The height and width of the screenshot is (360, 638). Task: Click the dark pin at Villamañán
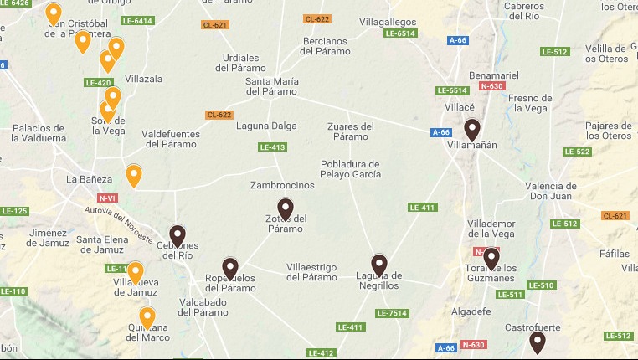pos(472,130)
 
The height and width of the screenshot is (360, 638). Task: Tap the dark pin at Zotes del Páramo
pos(286,208)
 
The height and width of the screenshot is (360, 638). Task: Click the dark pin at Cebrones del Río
pos(178,236)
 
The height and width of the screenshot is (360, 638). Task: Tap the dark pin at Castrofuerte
pos(538,342)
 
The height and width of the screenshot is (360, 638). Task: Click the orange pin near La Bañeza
pos(133,175)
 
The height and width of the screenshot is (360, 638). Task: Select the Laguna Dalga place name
pos(270,126)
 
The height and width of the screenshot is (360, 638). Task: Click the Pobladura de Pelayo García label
pos(351,169)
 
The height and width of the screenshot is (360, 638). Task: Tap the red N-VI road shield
pos(106,198)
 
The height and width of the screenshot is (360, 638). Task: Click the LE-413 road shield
pos(272,147)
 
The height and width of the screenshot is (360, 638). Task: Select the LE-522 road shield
pos(577,152)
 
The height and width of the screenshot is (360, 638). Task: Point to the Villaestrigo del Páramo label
pos(311,272)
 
